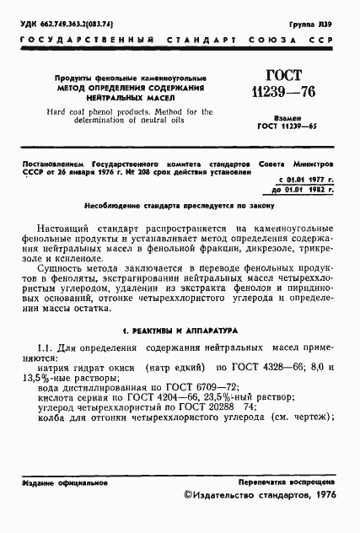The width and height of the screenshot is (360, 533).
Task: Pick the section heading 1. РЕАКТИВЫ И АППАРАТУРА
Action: tap(180, 354)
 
